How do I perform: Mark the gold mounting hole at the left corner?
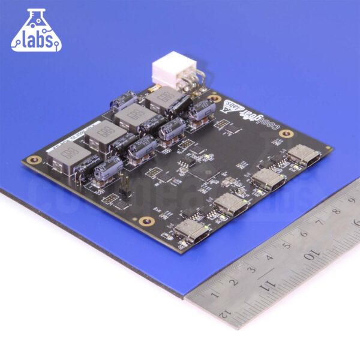click(35, 160)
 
